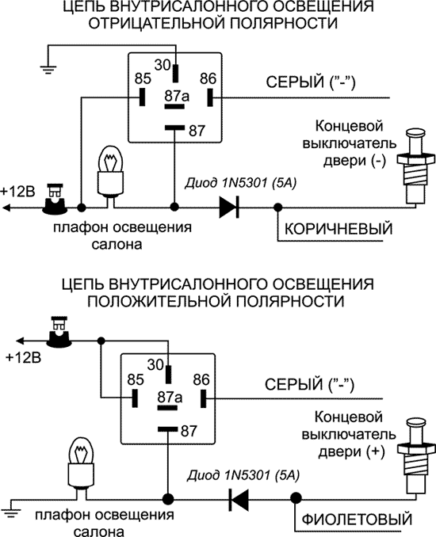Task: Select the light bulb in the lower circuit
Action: pos(82,459)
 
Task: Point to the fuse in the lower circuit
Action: pos(58,333)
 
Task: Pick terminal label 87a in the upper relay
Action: pos(175,96)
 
